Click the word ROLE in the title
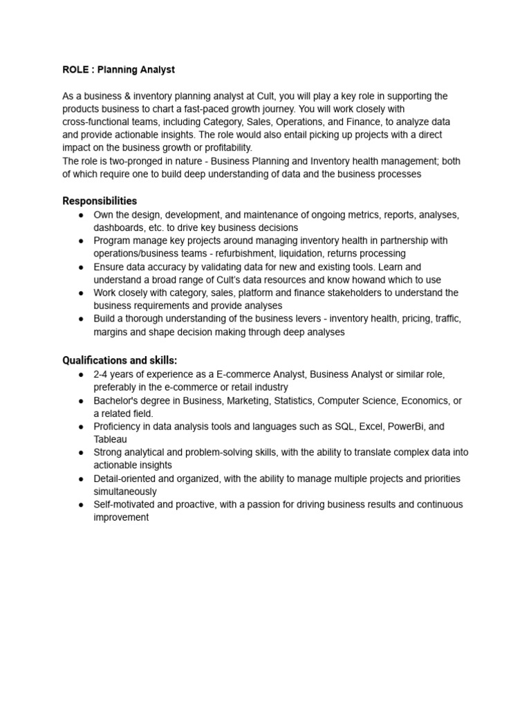(75, 70)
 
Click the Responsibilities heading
(100, 201)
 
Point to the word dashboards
(118, 227)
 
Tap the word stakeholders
(331, 293)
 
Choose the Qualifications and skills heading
(120, 360)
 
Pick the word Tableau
(111, 440)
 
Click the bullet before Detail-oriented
(82, 478)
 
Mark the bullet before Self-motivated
(82, 505)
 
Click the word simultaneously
(125, 492)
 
